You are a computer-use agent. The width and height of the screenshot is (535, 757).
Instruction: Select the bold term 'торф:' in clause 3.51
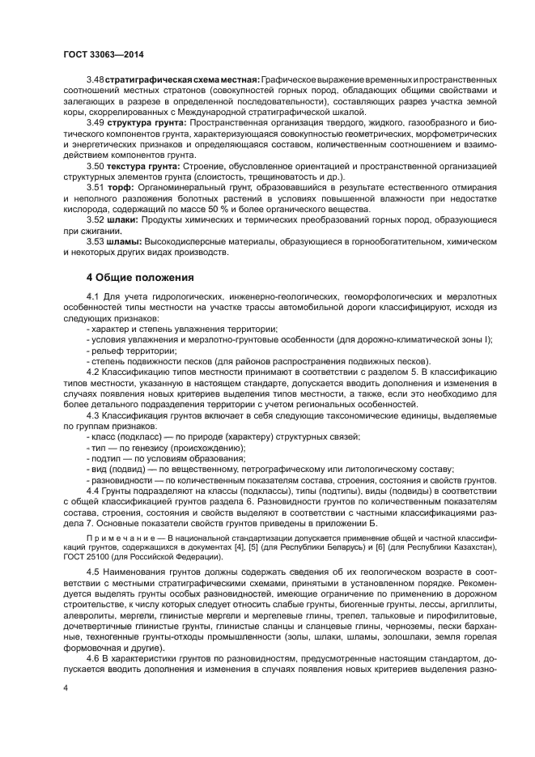click(121, 186)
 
